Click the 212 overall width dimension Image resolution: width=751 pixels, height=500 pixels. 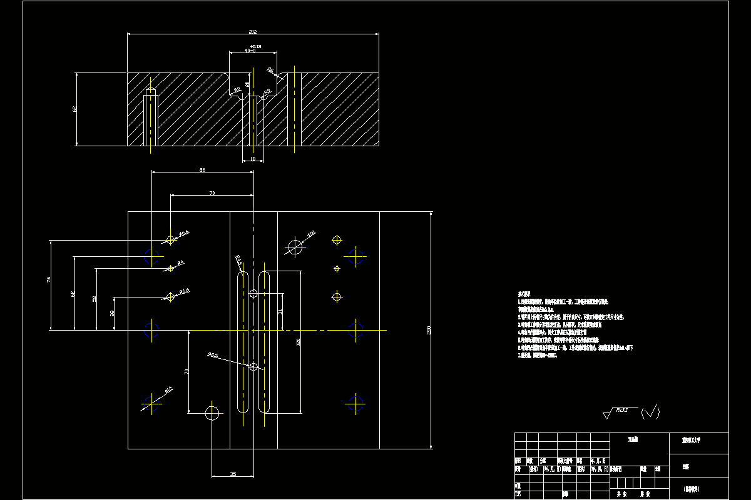pos(253,31)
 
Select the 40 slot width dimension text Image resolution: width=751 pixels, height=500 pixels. pos(250,50)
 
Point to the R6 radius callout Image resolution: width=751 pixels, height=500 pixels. pos(271,70)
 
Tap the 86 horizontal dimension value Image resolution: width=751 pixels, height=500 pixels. pos(202,170)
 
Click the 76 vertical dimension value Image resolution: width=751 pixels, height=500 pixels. pos(49,280)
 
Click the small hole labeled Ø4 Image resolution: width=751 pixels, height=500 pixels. pos(170,268)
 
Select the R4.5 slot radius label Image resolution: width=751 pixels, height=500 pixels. pos(238,259)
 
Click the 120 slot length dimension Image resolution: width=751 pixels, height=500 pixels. pos(299,342)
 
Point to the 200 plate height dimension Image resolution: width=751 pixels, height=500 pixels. pos(429,330)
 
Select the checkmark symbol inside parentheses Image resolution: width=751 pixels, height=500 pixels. pos(651,411)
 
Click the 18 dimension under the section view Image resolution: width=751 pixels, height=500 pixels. pos(253,159)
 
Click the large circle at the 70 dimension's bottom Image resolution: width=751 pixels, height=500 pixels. pos(212,412)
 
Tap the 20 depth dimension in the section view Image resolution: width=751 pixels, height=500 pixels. pos(248,84)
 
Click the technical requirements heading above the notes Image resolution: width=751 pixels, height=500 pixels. pos(524,292)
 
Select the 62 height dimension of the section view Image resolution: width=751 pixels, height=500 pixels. pos(75,109)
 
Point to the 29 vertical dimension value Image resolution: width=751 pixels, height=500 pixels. pos(113,312)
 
